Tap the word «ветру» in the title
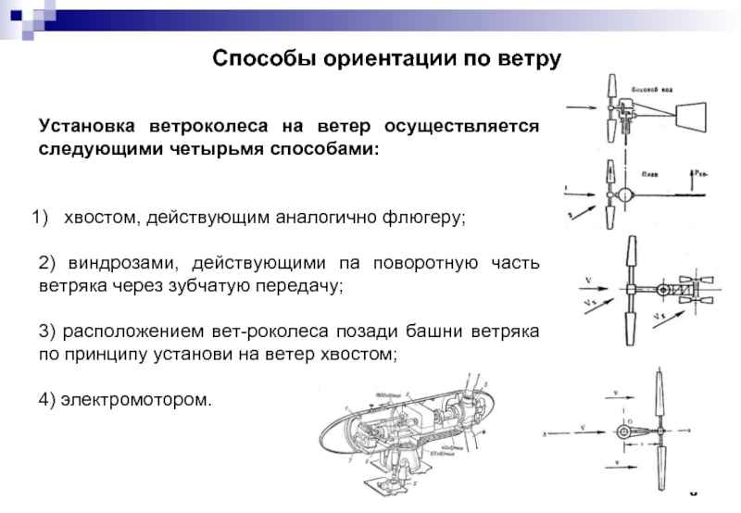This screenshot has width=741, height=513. [531, 58]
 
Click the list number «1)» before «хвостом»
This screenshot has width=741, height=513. [39, 219]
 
